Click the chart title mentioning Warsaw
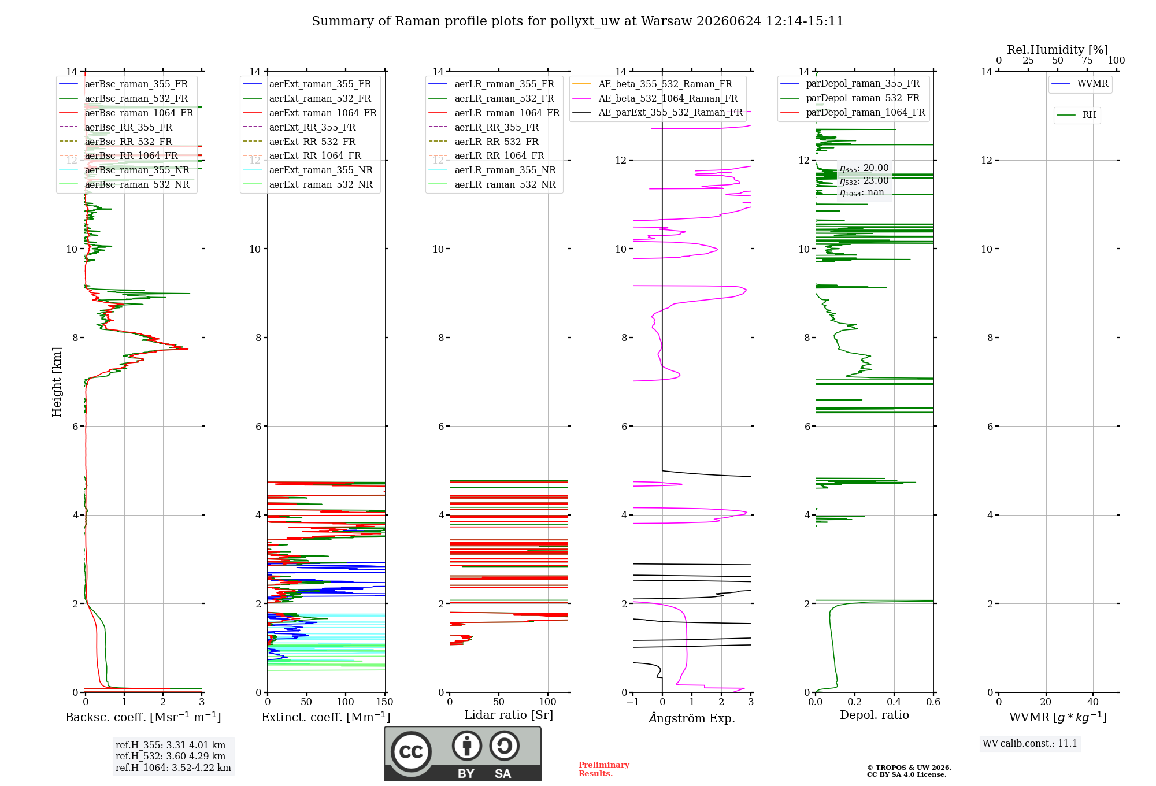[577, 21]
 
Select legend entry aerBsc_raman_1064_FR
[139, 113]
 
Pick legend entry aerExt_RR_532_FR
[312, 142]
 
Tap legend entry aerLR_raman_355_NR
[505, 170]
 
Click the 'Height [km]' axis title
[57, 382]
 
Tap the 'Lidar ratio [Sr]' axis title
[509, 715]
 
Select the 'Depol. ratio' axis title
[875, 715]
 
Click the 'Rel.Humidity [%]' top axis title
[1058, 50]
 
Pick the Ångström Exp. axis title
[692, 718]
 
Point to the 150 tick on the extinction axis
[384, 702]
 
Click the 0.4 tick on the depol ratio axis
[894, 702]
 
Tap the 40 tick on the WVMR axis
[1093, 702]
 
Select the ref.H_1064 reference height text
[173, 768]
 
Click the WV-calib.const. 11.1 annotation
[1030, 743]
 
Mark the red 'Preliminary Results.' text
[604, 769]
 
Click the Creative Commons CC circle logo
[411, 752]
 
